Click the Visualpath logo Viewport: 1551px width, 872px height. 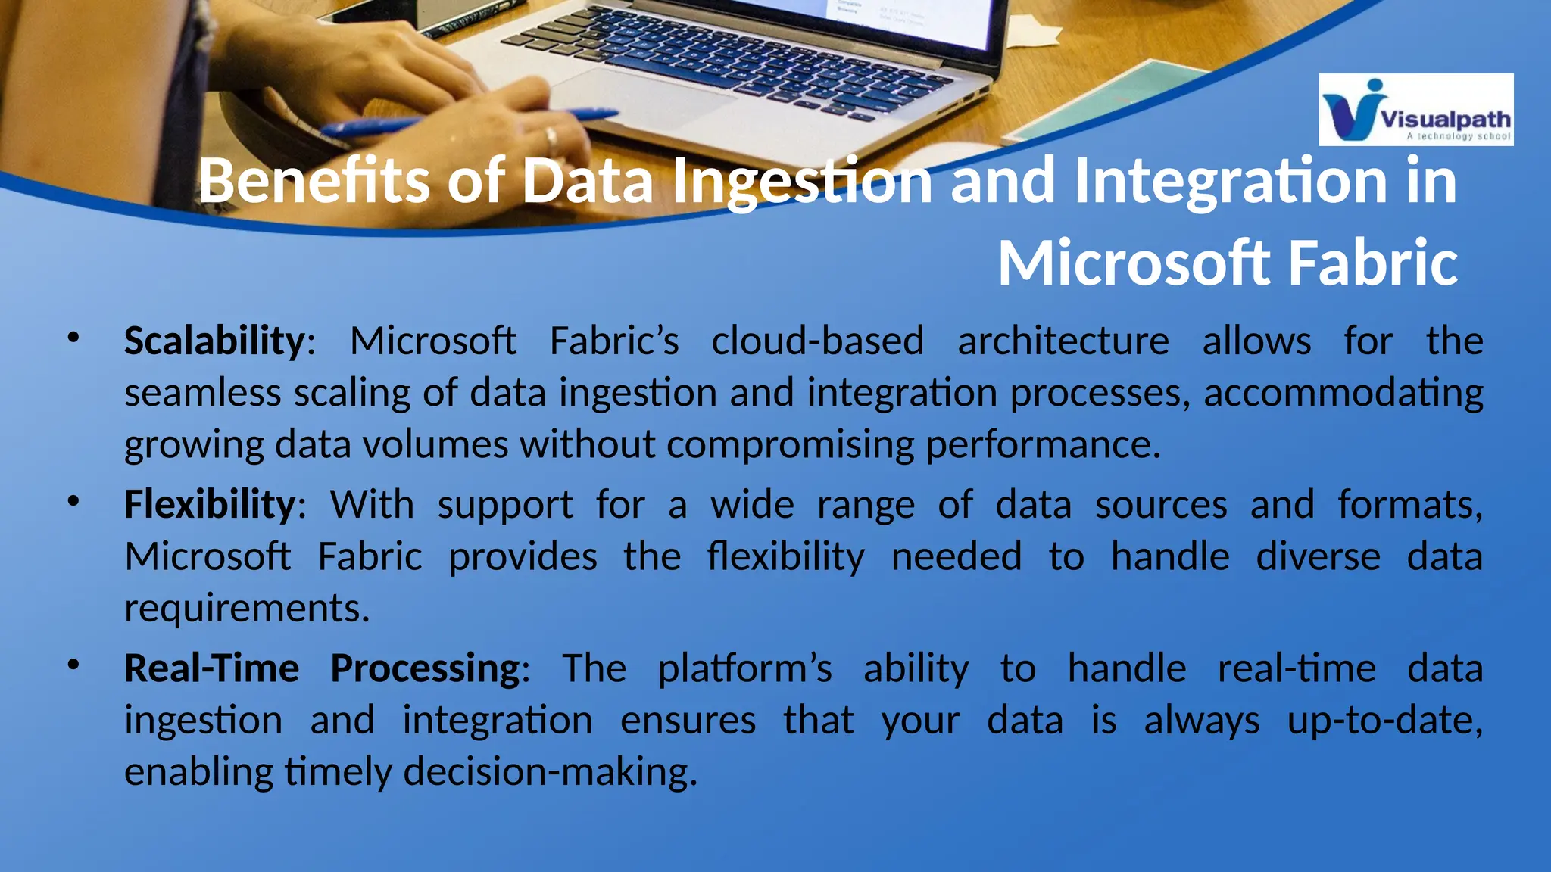(x=1415, y=110)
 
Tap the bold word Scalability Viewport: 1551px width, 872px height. (x=214, y=341)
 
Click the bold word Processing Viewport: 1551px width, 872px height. (x=426, y=668)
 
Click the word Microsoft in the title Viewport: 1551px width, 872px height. (x=1133, y=263)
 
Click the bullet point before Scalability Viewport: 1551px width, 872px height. (x=73, y=338)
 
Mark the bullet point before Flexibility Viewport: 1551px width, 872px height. (x=73, y=502)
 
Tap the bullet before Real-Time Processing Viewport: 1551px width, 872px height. (x=73, y=665)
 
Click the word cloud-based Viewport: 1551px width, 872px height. (x=817, y=341)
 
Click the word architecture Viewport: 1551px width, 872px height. (x=1063, y=341)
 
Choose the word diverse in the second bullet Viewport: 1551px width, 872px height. (x=1318, y=557)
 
